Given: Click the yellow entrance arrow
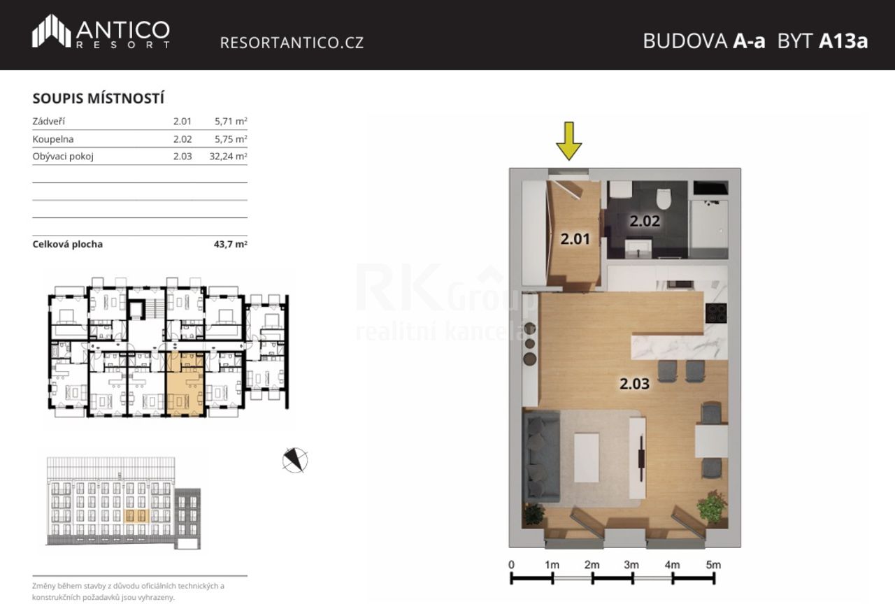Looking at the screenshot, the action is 569,141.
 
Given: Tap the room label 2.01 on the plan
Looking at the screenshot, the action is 575,239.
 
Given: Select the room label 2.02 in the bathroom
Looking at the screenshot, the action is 645,221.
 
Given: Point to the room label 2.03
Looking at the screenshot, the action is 634,384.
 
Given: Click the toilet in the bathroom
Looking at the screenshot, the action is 664,199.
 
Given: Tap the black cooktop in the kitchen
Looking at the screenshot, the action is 716,313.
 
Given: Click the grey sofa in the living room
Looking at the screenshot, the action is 541,456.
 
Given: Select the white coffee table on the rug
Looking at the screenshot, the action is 587,458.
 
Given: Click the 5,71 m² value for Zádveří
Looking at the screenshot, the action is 231,121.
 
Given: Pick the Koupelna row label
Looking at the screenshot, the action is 53,139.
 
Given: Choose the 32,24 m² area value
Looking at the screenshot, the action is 228,156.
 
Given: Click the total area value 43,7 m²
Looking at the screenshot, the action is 230,244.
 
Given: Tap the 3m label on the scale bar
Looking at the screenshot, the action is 631,565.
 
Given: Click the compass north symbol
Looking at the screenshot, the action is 295,460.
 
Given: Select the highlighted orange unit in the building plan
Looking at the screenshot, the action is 185,384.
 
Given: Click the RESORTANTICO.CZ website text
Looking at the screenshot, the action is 292,43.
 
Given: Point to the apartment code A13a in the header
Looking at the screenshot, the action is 843,41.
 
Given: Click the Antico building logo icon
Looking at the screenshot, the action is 51,31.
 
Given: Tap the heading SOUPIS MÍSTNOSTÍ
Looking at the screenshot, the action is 99,99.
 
